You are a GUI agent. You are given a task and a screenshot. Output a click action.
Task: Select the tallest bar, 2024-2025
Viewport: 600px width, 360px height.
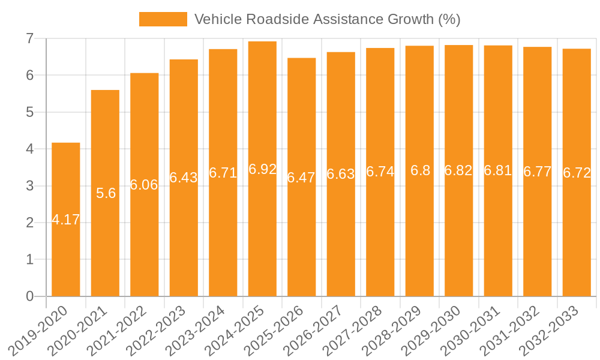[262, 240]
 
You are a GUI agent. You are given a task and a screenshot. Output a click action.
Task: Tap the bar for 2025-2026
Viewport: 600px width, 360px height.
[301, 240]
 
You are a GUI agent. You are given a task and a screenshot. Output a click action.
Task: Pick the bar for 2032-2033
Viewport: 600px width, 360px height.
[577, 240]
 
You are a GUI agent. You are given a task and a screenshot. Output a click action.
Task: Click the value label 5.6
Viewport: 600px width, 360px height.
[106, 193]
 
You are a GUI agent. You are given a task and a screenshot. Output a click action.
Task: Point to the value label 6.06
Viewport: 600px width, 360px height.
[144, 185]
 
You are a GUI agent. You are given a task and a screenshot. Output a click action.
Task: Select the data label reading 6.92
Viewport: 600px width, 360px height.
[262, 169]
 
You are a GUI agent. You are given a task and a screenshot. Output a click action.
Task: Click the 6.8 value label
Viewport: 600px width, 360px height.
[420, 170]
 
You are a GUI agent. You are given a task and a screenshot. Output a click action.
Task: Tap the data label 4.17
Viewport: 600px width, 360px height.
[66, 220]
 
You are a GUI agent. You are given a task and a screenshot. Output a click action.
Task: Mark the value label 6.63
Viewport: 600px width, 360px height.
[341, 174]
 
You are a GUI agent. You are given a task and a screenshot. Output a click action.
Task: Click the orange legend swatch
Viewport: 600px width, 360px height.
[163, 19]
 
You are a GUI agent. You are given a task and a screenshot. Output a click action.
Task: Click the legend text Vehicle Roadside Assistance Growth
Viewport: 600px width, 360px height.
[327, 19]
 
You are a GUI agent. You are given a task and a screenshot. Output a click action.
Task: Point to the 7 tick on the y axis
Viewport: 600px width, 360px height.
[29, 39]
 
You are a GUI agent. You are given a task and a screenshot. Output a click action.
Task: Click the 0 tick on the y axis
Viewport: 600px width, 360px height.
[29, 296]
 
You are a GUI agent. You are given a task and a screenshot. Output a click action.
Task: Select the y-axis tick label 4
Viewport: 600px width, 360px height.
[29, 149]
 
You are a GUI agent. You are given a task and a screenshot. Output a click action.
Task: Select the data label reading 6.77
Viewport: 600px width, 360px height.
[538, 172]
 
